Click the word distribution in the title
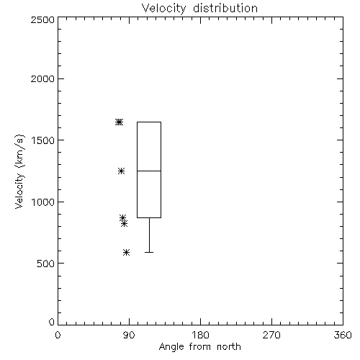point(225,8)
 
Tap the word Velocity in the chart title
point(164,9)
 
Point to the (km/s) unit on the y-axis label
point(19,151)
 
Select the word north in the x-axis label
point(229,346)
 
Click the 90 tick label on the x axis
point(129,335)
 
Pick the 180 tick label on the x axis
point(200,335)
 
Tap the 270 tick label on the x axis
point(271,335)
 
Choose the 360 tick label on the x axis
point(343,335)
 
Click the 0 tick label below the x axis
point(58,335)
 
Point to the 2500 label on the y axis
point(42,19)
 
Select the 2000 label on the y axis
point(42,78)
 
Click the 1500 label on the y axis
point(43,140)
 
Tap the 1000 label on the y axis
point(43,202)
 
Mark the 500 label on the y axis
point(46,264)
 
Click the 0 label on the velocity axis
point(52,322)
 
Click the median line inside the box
point(149,171)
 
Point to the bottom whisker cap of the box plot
point(149,252)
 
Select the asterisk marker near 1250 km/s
point(121,171)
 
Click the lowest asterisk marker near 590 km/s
point(127,252)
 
